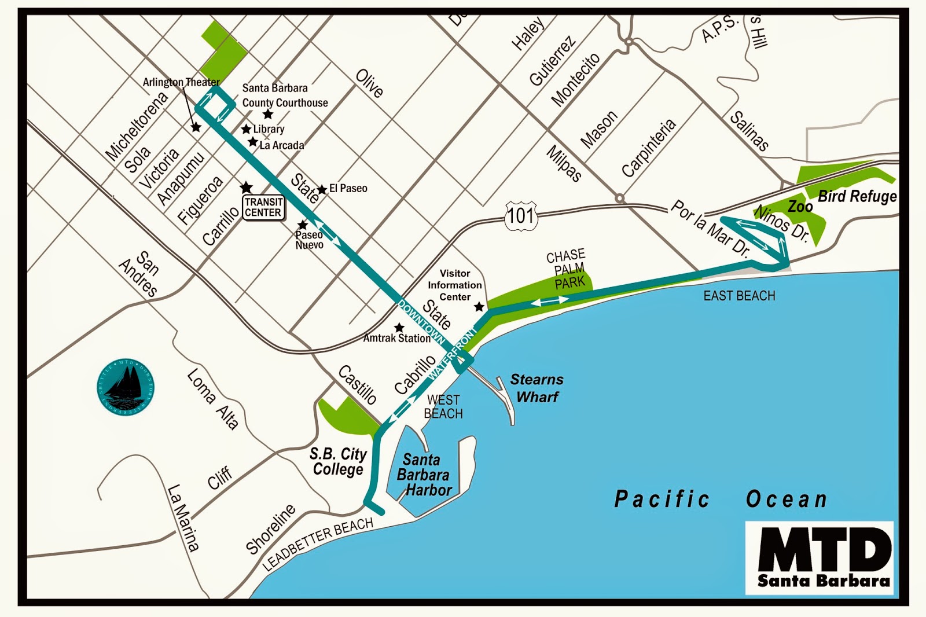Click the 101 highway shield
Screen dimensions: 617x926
[x=521, y=216]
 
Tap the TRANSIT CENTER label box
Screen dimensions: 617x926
[x=263, y=207]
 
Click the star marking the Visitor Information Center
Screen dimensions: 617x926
[x=479, y=307]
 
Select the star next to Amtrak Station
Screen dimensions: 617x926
[x=399, y=328]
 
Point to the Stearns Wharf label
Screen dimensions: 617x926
[x=537, y=388]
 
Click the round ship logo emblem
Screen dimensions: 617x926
[x=125, y=387]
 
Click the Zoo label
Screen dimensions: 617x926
[x=800, y=207]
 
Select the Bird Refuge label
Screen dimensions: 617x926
[x=857, y=196]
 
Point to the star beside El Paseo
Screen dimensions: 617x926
[x=322, y=190]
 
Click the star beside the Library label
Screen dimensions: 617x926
[x=246, y=129]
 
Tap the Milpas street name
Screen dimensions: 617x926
[x=564, y=163]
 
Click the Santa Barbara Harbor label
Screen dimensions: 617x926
[x=423, y=475]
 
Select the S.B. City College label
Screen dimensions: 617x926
[x=339, y=461]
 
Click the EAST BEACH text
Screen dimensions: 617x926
[x=739, y=296]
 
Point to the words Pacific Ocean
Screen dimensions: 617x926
[x=721, y=499]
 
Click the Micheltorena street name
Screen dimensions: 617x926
[x=136, y=126]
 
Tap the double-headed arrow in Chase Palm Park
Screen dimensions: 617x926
[x=550, y=301]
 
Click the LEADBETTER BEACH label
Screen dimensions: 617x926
[x=318, y=544]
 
